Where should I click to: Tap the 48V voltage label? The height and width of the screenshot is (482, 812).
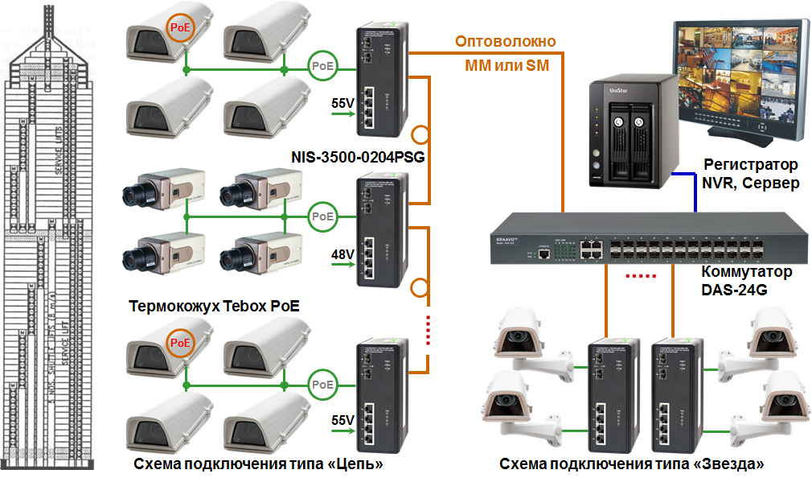click(x=343, y=255)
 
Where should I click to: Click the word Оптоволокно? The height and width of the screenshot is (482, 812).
click(x=506, y=42)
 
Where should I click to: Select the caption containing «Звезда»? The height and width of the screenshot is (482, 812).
click(x=631, y=464)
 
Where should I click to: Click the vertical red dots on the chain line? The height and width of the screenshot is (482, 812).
click(x=429, y=330)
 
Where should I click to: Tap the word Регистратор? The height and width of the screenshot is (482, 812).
click(x=751, y=165)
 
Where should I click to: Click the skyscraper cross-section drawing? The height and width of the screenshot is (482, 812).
click(x=49, y=241)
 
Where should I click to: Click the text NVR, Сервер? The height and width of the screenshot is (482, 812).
click(x=751, y=183)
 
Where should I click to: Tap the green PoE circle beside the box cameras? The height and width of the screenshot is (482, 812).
click(x=323, y=216)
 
